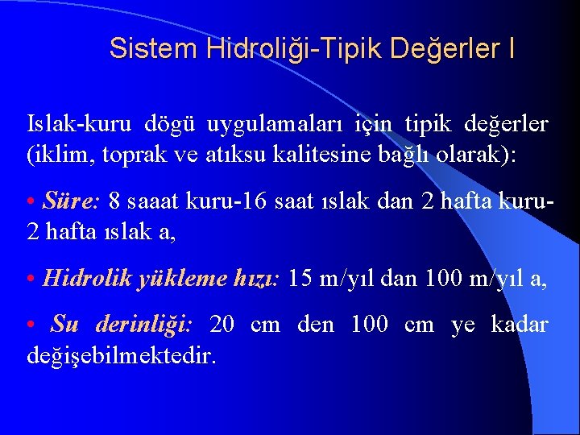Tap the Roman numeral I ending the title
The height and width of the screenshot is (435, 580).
(512, 48)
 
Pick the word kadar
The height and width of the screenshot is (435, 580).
(520, 325)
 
